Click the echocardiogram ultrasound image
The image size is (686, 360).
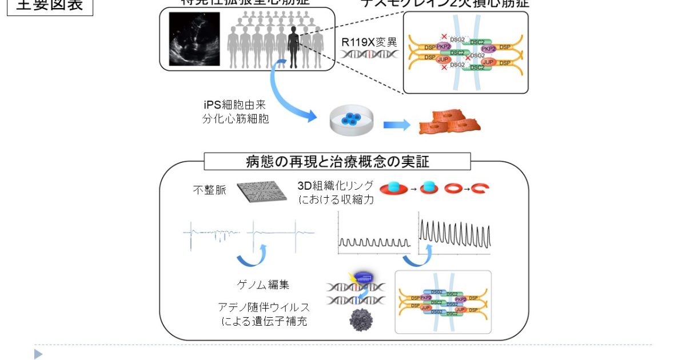coord(194,39)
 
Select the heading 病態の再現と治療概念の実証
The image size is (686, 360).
coord(337,161)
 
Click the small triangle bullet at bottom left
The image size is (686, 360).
coord(38,354)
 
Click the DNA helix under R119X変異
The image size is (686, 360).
coord(369,55)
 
